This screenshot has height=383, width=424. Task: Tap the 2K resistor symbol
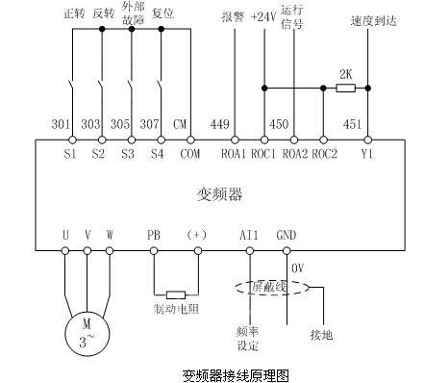tap(344, 88)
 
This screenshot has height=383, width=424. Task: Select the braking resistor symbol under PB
tap(175, 294)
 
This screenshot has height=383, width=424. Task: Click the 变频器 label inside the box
tap(213, 193)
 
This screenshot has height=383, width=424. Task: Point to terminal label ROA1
tap(235, 152)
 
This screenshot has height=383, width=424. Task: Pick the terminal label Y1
tap(366, 152)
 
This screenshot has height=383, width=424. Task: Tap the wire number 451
tap(352, 123)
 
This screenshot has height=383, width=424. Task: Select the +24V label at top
tap(262, 16)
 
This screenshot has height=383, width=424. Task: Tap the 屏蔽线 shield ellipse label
tap(268, 287)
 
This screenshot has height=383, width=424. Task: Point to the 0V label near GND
tap(297, 267)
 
